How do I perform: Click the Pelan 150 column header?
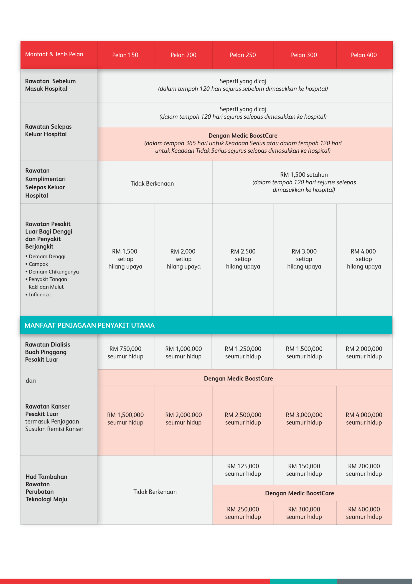point(125,55)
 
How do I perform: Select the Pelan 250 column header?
point(243,55)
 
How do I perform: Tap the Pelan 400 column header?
point(364,55)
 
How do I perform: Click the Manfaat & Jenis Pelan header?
point(54,54)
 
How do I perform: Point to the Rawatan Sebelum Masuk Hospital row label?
point(50,85)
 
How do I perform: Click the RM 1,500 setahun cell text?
point(304,175)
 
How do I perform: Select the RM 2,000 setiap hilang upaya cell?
point(183,259)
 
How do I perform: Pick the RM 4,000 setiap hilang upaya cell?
point(364,259)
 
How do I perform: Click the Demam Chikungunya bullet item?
point(53,272)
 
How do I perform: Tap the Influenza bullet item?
point(40,295)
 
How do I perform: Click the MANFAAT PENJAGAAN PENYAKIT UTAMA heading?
point(89,325)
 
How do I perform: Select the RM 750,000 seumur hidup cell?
point(125,352)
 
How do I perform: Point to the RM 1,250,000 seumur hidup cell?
point(243,352)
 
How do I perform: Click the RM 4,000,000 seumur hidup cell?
point(364,419)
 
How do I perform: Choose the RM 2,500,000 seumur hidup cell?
point(243,419)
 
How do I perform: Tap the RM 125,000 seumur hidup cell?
point(243,470)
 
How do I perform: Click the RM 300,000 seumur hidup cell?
point(304,513)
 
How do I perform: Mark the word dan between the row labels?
point(31,381)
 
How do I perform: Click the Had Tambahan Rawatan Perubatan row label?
point(46,488)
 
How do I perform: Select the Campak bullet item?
point(38,264)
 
